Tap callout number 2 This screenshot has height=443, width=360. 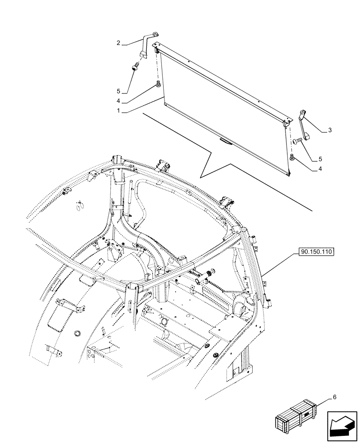click(x=119, y=43)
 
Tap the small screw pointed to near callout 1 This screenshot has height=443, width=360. click(x=157, y=85)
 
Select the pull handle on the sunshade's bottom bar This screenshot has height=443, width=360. click(x=225, y=141)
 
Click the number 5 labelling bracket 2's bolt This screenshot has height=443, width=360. click(x=119, y=91)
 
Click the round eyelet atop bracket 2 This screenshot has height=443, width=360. click(x=155, y=33)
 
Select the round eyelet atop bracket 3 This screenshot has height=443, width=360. click(x=303, y=111)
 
